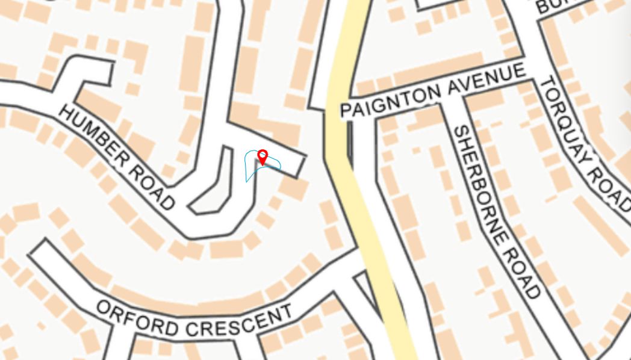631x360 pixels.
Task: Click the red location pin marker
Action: point(263,157)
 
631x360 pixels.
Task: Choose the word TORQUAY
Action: point(564,121)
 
